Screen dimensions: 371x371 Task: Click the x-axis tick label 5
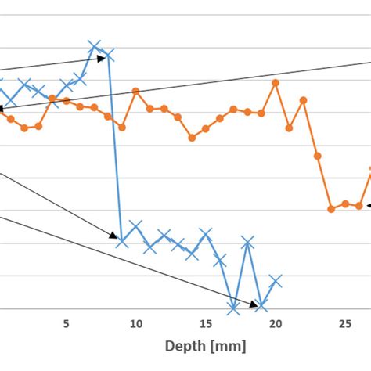tap(67, 323)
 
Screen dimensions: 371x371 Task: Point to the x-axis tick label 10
tap(136, 323)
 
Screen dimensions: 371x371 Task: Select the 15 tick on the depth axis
tap(206, 323)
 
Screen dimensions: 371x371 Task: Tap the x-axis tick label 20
tap(276, 323)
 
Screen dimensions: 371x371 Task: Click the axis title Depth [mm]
tap(206, 345)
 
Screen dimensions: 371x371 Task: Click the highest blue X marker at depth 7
tap(94, 47)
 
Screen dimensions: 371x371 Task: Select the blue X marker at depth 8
tap(108, 55)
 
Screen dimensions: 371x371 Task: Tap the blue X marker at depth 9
tap(122, 240)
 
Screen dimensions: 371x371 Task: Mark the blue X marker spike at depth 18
tap(247, 243)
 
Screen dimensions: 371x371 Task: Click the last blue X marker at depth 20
tap(276, 280)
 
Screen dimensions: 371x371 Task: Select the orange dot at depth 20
tap(276, 81)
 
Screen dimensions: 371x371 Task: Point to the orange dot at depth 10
tap(136, 92)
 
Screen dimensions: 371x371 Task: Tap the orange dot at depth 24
tap(331, 209)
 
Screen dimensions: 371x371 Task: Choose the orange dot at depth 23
tap(317, 156)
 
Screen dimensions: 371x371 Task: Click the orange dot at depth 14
tap(192, 138)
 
